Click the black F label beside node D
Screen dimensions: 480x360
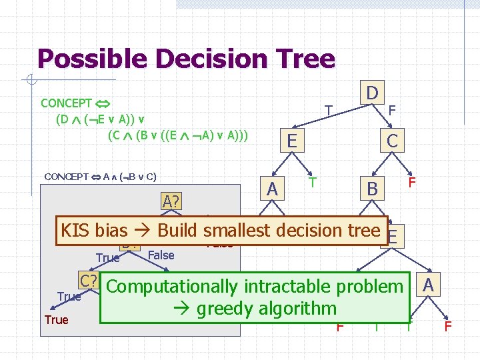click(x=392, y=110)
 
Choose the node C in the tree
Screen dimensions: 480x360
click(x=392, y=141)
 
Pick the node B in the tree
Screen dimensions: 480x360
click(x=372, y=189)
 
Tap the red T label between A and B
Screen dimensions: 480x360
click(x=312, y=182)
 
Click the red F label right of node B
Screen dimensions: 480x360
click(x=412, y=182)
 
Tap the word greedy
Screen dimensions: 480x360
click(x=224, y=309)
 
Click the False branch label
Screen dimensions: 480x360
click(x=161, y=255)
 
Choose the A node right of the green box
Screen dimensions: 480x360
click(x=429, y=285)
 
